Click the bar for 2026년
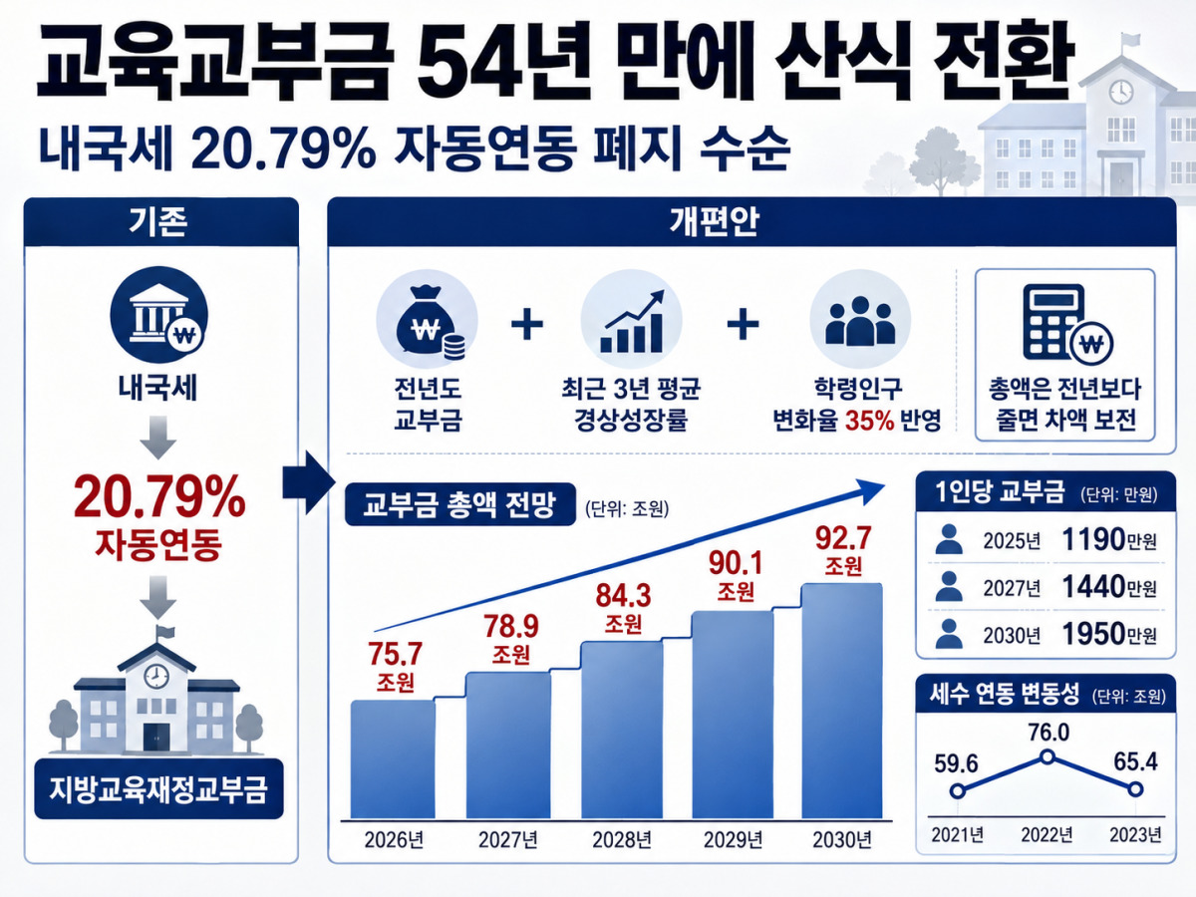coord(393,759)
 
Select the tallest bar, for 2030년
coord(842,701)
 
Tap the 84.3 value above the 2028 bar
coord(623,596)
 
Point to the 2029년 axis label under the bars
coord(733,840)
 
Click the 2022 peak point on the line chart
coord(1046,756)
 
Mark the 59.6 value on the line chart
coord(956,763)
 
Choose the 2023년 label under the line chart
coord(1135,834)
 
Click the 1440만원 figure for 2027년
coord(1109,587)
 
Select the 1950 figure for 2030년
coord(1093,634)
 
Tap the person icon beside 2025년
coord(949,539)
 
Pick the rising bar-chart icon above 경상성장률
coord(631,321)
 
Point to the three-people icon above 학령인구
coord(860,321)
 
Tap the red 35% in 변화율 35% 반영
coord(870,420)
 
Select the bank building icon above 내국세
coord(158,315)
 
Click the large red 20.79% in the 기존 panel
coord(159,496)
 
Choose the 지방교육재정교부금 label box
coord(158,788)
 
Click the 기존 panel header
coord(161,221)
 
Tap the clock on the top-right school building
coord(1121,92)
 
